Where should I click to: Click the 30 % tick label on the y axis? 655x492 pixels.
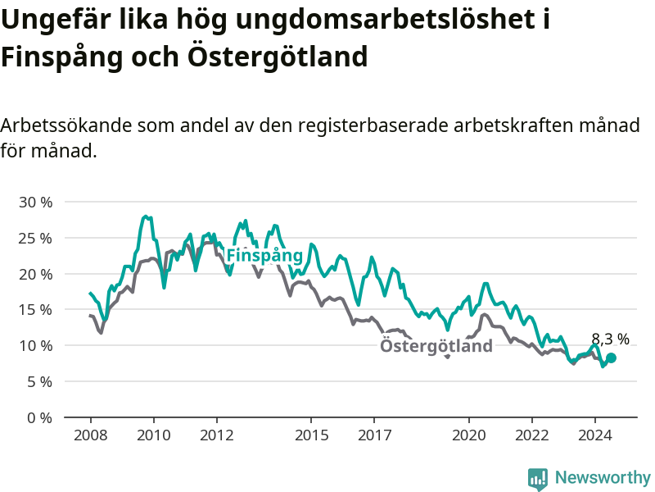click(x=35, y=203)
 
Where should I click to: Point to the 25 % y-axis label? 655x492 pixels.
click(x=35, y=239)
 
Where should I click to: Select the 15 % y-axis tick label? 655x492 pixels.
click(x=35, y=310)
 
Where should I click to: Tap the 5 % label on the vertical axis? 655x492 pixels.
click(x=39, y=382)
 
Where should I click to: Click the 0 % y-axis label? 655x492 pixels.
click(x=39, y=418)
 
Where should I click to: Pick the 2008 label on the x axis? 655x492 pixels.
click(x=91, y=435)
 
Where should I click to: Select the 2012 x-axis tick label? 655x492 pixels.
click(x=217, y=435)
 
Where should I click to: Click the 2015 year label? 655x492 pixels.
click(x=312, y=435)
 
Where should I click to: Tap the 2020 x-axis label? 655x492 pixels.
click(x=469, y=435)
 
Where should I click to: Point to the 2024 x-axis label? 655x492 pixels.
click(x=595, y=435)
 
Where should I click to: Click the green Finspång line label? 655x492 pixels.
click(x=264, y=256)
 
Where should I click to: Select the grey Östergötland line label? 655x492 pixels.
click(x=436, y=346)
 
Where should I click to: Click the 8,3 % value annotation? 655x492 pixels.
click(x=610, y=339)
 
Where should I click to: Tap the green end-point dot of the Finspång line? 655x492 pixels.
click(x=611, y=358)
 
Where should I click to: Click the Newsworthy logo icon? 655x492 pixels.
click(x=538, y=479)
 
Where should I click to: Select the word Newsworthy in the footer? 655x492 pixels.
click(x=603, y=477)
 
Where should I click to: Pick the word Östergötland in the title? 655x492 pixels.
click(x=278, y=57)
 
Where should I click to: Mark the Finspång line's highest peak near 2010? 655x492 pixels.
click(x=146, y=216)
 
